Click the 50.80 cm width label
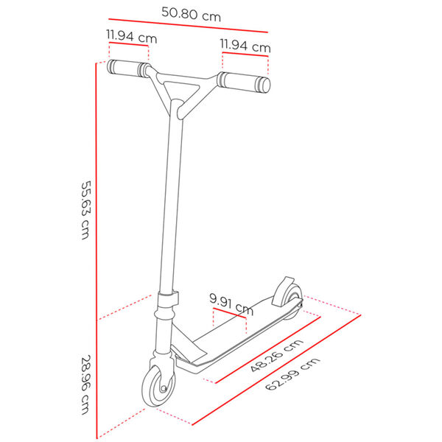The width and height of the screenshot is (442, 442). (x=191, y=12)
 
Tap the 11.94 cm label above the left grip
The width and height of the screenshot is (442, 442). (x=130, y=35)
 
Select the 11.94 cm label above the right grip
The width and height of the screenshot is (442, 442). (x=245, y=46)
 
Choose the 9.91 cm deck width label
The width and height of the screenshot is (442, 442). (x=231, y=304)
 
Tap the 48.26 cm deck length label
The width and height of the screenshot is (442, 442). (x=276, y=355)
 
